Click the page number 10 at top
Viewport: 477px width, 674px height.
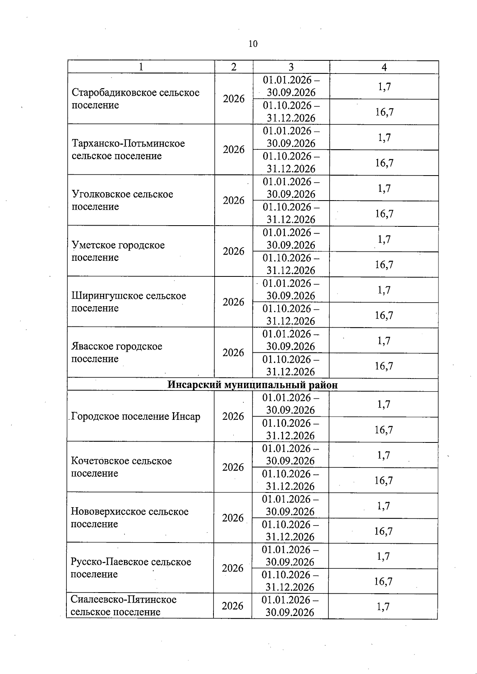coord(253,44)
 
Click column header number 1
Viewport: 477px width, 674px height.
coord(141,67)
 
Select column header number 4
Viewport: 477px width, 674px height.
coord(384,67)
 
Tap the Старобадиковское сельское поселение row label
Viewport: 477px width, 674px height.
coord(135,99)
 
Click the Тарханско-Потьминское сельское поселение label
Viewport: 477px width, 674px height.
coord(128,149)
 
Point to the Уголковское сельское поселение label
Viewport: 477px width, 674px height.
coord(122,200)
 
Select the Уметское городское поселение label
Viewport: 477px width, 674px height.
coord(118,251)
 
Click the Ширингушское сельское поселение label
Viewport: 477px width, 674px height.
coord(128,302)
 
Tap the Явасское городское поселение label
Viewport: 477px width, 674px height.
coord(116,352)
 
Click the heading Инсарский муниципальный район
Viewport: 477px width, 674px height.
coord(252,385)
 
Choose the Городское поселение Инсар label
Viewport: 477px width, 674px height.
coord(136,416)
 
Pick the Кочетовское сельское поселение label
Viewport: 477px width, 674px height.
coord(121,467)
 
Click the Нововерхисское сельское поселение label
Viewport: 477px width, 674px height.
coord(129,518)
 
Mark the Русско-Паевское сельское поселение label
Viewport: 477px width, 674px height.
coord(130,568)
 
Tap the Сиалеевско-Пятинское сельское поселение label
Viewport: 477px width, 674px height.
coord(123,606)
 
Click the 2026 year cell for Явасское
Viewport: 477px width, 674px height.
coord(233,352)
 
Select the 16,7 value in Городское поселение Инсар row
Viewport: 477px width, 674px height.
coord(384,430)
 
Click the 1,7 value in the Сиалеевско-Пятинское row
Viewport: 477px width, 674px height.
coord(383,606)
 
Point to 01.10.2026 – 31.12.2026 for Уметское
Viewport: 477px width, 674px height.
coord(291,264)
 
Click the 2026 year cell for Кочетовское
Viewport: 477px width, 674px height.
coord(233,467)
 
